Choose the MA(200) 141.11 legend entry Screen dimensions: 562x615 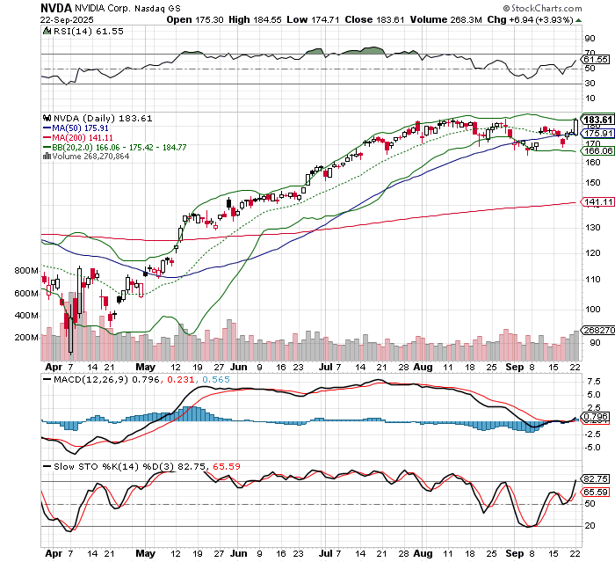click(81, 136)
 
